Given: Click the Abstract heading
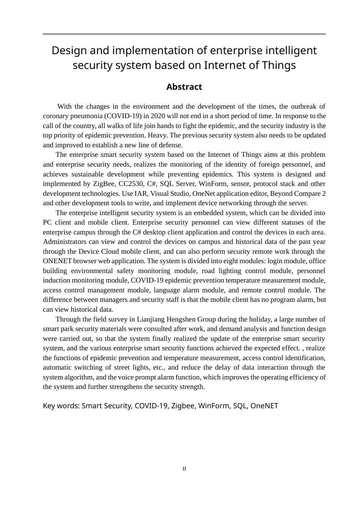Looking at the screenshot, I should point(184,87).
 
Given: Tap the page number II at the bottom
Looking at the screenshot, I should point(184,469).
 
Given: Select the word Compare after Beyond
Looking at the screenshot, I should point(307,194).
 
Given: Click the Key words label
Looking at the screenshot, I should point(61,406).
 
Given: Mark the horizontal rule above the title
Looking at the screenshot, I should point(184,34).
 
